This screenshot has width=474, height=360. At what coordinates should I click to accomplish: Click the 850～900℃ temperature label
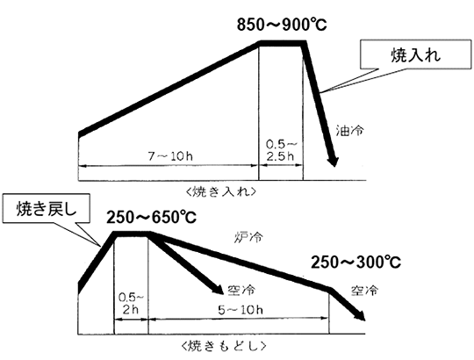click(282, 25)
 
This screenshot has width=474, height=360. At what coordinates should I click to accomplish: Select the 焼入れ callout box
click(416, 54)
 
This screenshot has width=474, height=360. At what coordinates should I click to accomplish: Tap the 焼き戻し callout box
click(47, 209)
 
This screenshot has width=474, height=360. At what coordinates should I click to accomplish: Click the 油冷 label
click(349, 131)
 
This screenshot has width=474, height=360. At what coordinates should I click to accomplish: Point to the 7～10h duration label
click(170, 156)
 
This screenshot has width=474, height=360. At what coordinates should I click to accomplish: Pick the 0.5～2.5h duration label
click(281, 150)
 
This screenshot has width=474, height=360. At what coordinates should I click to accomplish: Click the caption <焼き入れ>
click(221, 192)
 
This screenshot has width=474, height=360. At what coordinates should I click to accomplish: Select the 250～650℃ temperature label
click(151, 218)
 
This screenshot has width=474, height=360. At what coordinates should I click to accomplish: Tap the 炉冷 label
click(248, 237)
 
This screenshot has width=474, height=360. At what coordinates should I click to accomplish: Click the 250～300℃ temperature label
click(355, 263)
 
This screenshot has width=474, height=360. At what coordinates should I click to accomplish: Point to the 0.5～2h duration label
click(131, 304)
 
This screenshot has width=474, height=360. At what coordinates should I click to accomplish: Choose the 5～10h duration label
click(241, 310)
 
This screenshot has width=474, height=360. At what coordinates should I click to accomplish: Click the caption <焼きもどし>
click(224, 346)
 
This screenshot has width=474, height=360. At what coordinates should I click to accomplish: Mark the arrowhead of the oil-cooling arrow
click(334, 161)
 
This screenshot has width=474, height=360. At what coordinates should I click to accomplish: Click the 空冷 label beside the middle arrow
click(241, 290)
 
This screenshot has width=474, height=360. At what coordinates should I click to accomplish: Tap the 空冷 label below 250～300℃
click(364, 290)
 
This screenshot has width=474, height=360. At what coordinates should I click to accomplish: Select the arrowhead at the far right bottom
click(360, 315)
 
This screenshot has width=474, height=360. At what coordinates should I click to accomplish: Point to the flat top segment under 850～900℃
click(282, 44)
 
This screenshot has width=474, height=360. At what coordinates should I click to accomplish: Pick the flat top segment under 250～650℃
click(132, 234)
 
